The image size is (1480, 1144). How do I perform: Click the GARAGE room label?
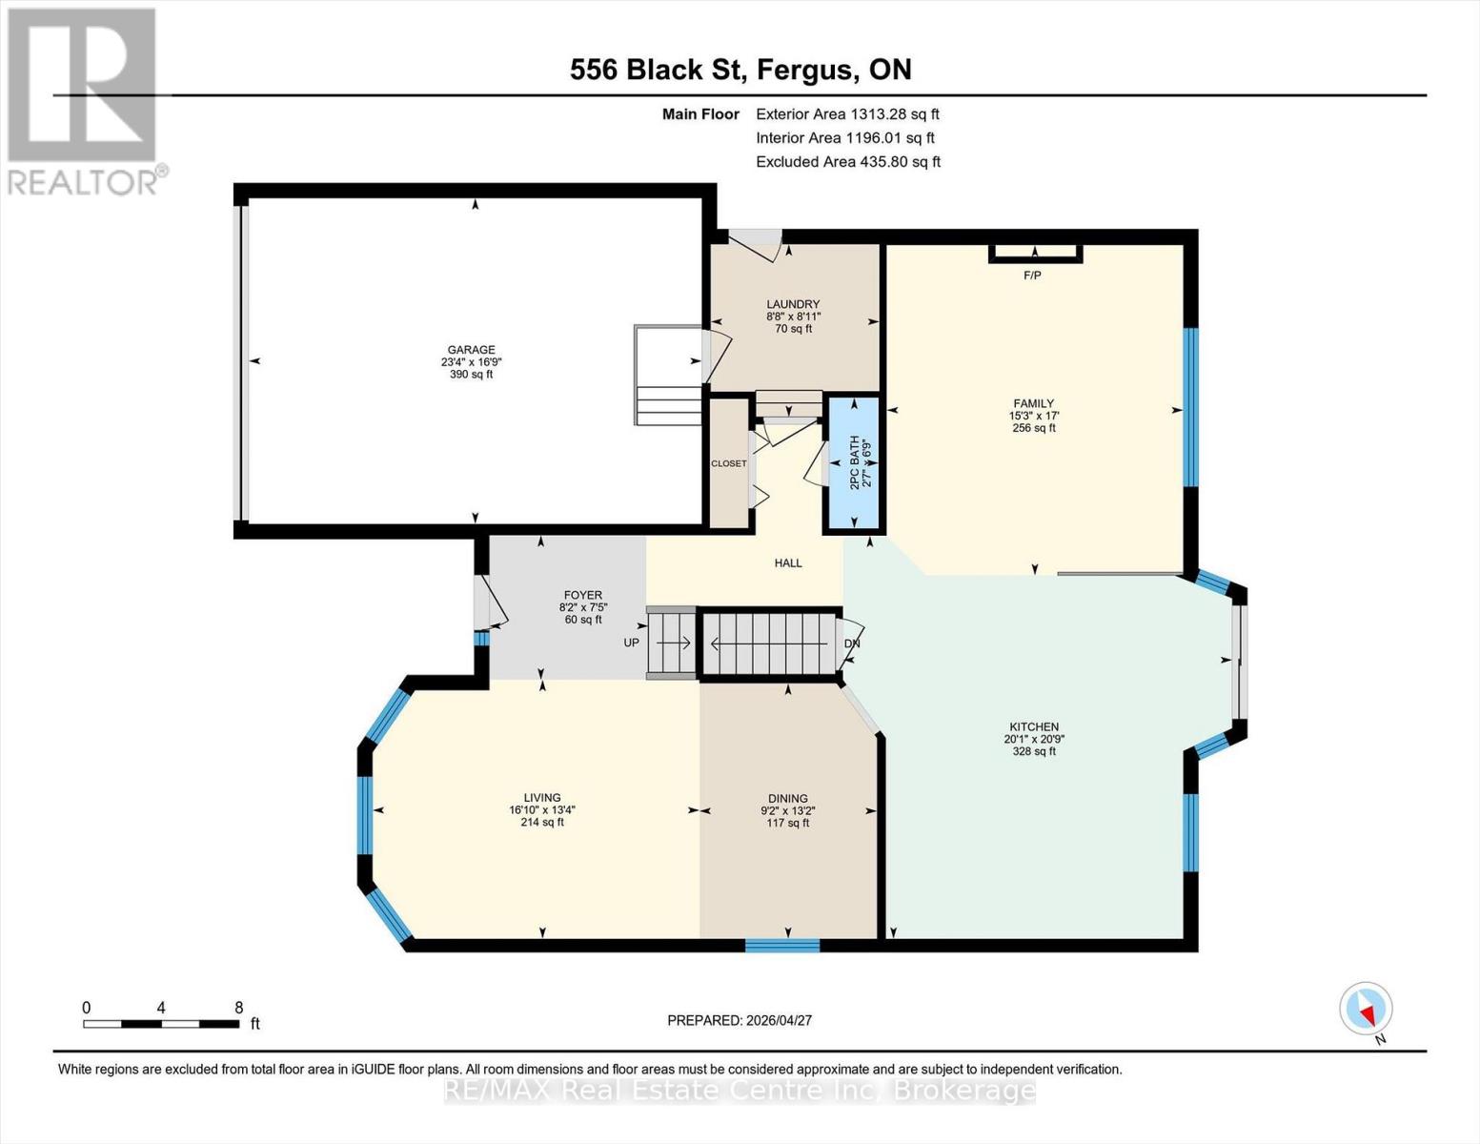(x=471, y=350)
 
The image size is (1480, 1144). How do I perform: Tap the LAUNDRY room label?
(x=793, y=304)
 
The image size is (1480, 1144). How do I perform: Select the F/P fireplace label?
(x=1032, y=276)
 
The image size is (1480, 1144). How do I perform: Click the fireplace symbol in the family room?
(x=1035, y=253)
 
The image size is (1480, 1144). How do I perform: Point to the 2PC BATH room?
(x=855, y=464)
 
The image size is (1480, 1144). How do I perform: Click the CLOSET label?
(x=729, y=463)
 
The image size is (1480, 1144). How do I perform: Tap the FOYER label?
(x=582, y=595)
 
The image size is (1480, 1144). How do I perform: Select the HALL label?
(x=788, y=563)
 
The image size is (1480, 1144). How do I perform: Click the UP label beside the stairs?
(x=631, y=643)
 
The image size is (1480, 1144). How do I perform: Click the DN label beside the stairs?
(x=852, y=643)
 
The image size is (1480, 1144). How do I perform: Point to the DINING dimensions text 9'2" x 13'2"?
(x=787, y=811)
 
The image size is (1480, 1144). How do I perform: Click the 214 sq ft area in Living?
(x=541, y=822)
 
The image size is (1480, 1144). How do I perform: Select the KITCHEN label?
(x=1033, y=726)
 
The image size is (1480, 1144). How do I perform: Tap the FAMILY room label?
(x=1033, y=403)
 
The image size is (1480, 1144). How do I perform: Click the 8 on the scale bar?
(x=238, y=1008)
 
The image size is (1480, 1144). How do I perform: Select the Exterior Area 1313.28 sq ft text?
(x=847, y=114)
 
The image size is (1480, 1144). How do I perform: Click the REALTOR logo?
(x=85, y=101)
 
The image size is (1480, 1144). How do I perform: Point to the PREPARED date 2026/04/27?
(x=740, y=1020)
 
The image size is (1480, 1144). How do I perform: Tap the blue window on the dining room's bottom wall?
(x=781, y=945)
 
